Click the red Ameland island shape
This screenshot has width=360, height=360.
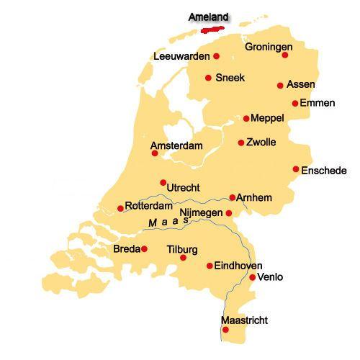(x=215, y=30)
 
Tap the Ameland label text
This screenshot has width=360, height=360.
(x=208, y=17)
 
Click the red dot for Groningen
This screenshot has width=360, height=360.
(x=285, y=55)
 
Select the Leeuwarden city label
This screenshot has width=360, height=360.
(x=181, y=56)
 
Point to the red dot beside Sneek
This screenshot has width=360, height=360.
(x=208, y=78)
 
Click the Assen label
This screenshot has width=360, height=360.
(x=300, y=84)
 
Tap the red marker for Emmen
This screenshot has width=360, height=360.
(x=295, y=103)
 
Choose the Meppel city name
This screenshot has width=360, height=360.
(x=268, y=118)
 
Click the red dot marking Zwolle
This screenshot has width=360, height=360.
(x=241, y=143)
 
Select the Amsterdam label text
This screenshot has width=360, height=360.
(x=176, y=145)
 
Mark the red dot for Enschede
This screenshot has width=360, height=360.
(x=296, y=169)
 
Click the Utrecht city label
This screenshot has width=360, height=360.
(x=183, y=188)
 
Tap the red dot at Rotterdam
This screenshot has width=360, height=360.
(x=120, y=209)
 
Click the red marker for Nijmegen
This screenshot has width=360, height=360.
(x=229, y=213)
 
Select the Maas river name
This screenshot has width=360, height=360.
(x=168, y=223)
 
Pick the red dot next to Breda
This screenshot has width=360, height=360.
(x=144, y=249)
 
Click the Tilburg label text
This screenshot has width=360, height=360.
(x=181, y=249)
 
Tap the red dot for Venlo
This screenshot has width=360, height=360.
(x=252, y=277)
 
